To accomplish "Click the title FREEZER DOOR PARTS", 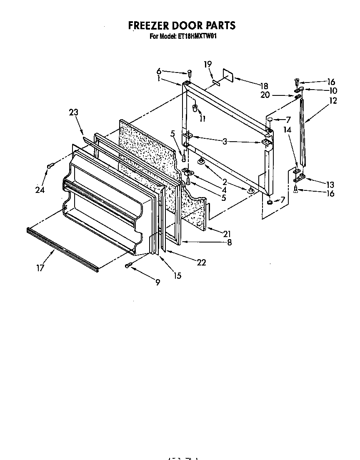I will pos(181,25).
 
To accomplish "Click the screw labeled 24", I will pos(49,166).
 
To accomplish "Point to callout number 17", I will pos(40,268).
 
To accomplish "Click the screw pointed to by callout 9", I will pos(128,265).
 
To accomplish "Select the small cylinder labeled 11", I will pos(195,109).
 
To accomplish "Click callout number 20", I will pos(265,95).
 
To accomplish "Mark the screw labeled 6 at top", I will pos(189,73).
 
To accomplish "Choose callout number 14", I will pos(287,130).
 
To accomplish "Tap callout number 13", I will pos(330,184).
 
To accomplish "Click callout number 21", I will pos(227,233).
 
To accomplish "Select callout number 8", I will pos(229,242).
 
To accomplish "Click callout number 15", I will pos(177,275).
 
